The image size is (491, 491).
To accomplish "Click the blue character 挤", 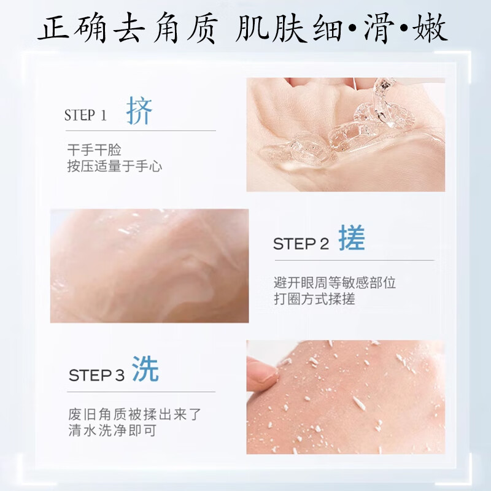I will [x=139, y=112].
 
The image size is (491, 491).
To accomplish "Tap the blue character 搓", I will [x=351, y=240].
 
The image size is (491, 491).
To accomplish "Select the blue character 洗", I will [x=145, y=370].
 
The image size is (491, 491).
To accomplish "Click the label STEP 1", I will [x=85, y=115].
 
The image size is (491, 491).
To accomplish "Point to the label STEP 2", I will [x=301, y=244].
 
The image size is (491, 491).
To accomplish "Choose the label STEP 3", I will [x=96, y=375].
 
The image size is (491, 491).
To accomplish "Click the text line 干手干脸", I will [x=95, y=150].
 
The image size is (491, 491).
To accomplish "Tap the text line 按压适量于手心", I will [x=115, y=166].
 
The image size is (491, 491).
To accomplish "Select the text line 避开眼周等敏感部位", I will [x=334, y=283].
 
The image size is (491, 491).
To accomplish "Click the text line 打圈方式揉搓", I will [x=314, y=299].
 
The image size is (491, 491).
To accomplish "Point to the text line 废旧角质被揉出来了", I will [x=134, y=414].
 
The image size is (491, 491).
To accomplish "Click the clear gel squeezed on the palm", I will [x=344, y=132].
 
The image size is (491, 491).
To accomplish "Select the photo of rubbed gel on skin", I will [x=149, y=266].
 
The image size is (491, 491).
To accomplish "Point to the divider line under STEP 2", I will [x=354, y=260].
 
